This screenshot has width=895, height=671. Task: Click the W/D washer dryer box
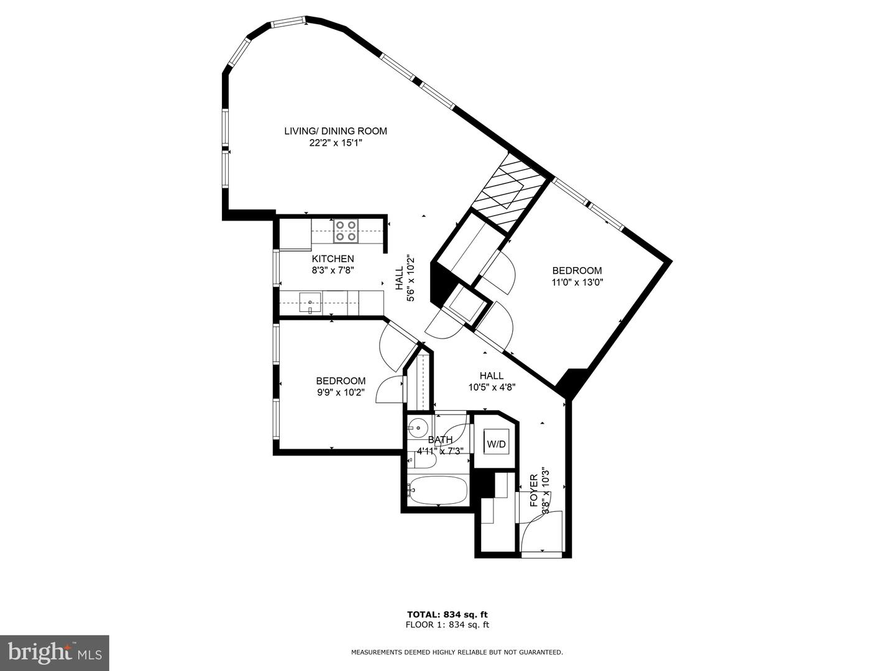point(496,444)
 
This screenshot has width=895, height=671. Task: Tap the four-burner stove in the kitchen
point(346,231)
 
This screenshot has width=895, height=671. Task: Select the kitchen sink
point(310,303)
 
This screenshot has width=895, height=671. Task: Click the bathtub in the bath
point(438,491)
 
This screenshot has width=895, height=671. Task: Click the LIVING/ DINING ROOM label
point(336,131)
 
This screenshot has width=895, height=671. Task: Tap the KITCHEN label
point(333,258)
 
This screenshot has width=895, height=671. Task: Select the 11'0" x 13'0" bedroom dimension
point(577,282)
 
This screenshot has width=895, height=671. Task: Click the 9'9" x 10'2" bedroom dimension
point(341,393)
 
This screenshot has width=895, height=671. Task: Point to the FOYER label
point(533,490)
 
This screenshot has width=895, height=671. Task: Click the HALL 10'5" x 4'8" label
point(492,381)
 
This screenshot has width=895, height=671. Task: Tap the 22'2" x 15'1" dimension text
point(336,143)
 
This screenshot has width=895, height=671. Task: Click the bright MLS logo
point(55,652)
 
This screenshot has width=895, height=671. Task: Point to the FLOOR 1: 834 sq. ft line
point(447,625)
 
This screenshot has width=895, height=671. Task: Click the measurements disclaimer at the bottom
point(457,652)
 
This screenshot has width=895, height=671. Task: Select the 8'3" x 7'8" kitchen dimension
point(333,270)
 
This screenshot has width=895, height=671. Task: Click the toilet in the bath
point(413,459)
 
